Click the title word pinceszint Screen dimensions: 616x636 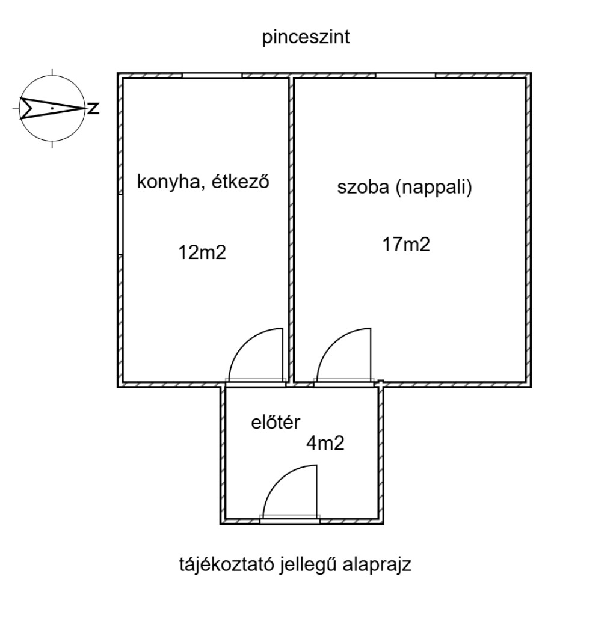306,38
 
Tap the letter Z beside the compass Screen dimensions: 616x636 94,108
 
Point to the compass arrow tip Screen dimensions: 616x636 86,108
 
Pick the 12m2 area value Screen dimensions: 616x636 202,252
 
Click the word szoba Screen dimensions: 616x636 363,188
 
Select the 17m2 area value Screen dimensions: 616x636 406,245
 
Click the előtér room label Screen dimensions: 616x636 276,423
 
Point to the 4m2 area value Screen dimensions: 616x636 325,443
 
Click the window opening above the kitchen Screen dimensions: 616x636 212,76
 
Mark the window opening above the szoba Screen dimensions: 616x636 405,76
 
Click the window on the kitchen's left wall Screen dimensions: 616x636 120,224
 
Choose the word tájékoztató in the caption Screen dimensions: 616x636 227,565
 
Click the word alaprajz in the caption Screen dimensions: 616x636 377,566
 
